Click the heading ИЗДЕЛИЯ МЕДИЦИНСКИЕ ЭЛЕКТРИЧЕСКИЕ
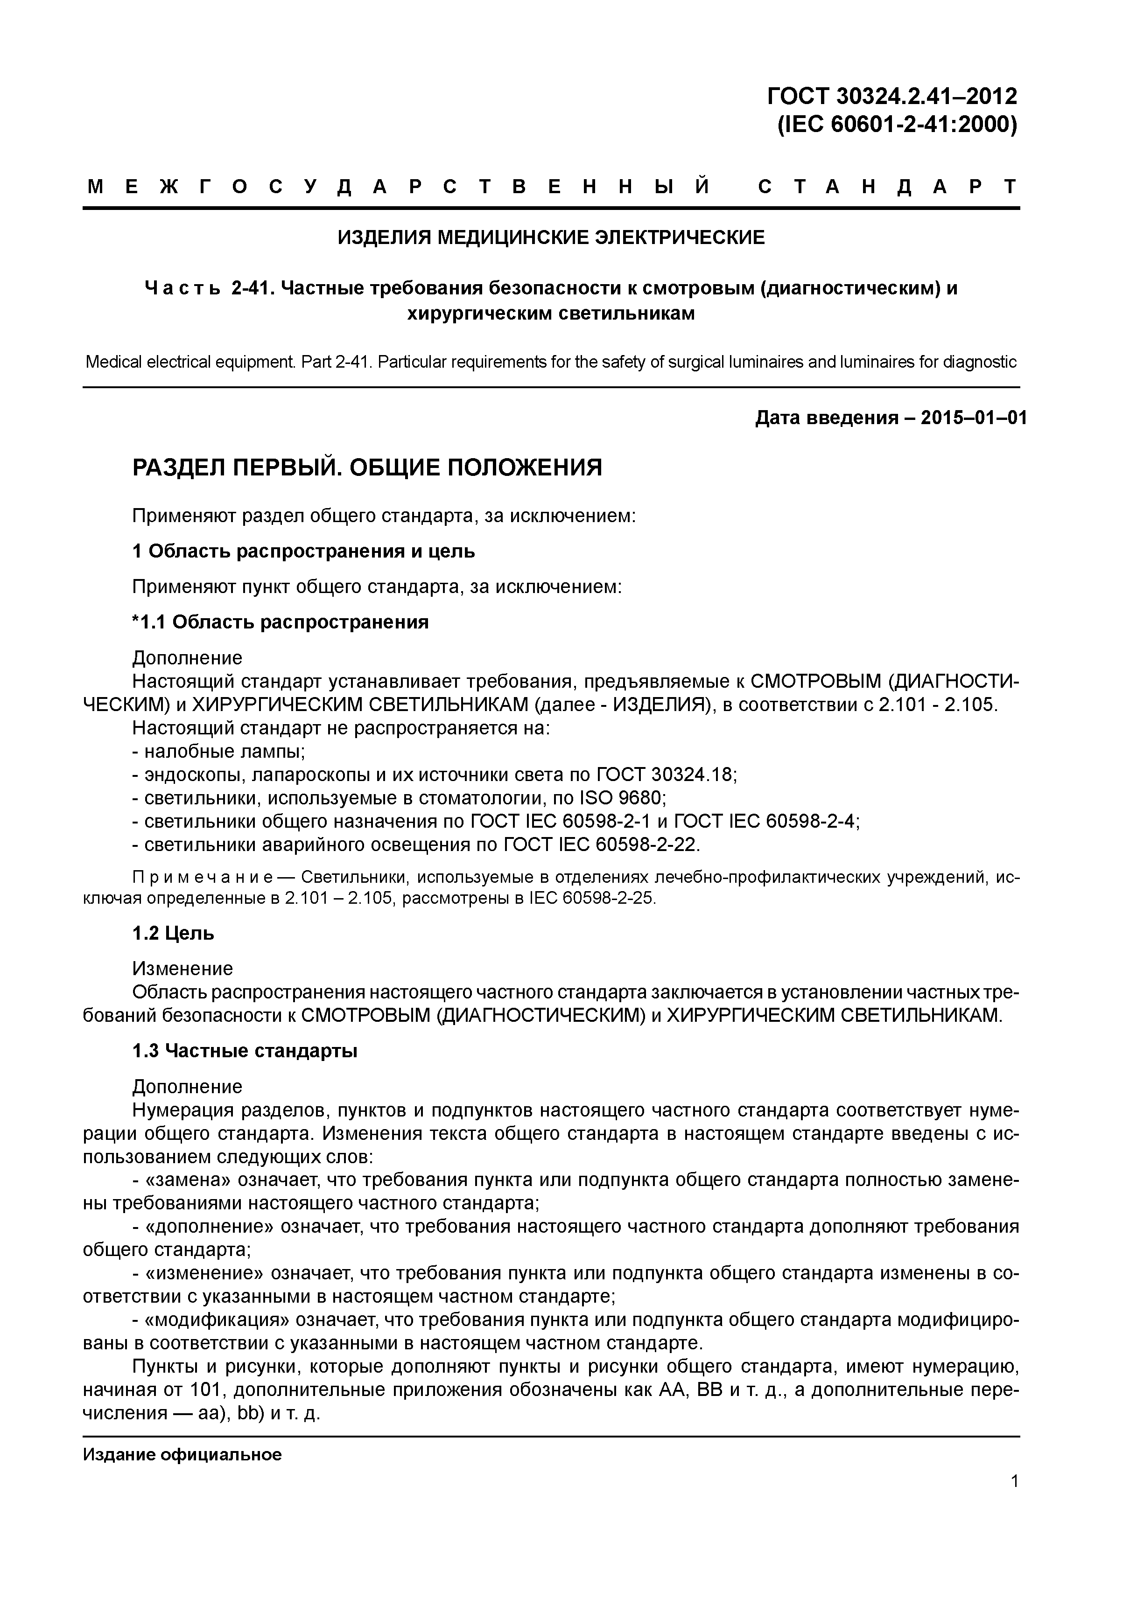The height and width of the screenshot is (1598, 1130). click(x=551, y=238)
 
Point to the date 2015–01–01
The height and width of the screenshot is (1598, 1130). click(x=973, y=419)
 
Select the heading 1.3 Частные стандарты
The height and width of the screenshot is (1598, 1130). click(x=245, y=1051)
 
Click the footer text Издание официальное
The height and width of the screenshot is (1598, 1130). click(x=182, y=1455)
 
